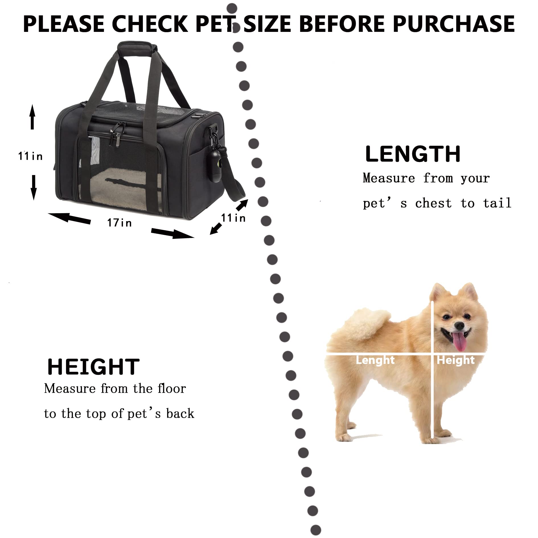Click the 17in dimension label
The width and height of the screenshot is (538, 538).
120,223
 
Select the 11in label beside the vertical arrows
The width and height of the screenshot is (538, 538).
30,156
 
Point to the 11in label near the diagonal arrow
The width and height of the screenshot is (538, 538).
233,218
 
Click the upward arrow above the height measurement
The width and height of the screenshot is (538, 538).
32,117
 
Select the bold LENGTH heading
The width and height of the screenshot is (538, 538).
413,154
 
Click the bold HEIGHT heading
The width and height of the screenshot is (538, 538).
93,367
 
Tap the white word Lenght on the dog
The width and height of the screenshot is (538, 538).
375,360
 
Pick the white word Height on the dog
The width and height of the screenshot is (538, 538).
455,360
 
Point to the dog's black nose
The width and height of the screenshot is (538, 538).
459,325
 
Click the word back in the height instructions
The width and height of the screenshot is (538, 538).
180,414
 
